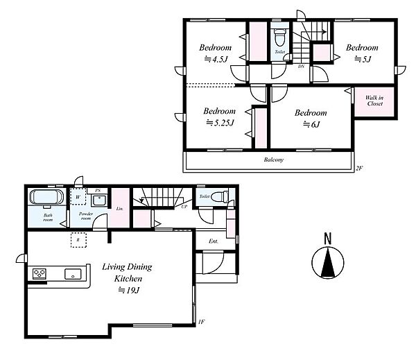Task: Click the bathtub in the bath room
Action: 46,197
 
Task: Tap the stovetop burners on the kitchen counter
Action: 40,273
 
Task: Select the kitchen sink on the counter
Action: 73,274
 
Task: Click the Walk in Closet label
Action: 374,101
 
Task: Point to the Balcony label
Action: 274,160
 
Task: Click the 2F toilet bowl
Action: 279,37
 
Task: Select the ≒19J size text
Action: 129,290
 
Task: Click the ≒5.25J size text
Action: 220,123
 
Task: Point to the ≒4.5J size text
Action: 216,59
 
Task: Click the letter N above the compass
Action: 328,239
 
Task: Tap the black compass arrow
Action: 328,263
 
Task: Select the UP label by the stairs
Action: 184,207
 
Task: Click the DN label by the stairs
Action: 301,67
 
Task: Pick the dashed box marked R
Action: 78,240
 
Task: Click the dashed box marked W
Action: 78,197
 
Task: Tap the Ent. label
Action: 214,241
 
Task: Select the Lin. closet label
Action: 120,209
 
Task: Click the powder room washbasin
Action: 99,200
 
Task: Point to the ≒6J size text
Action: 311,124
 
